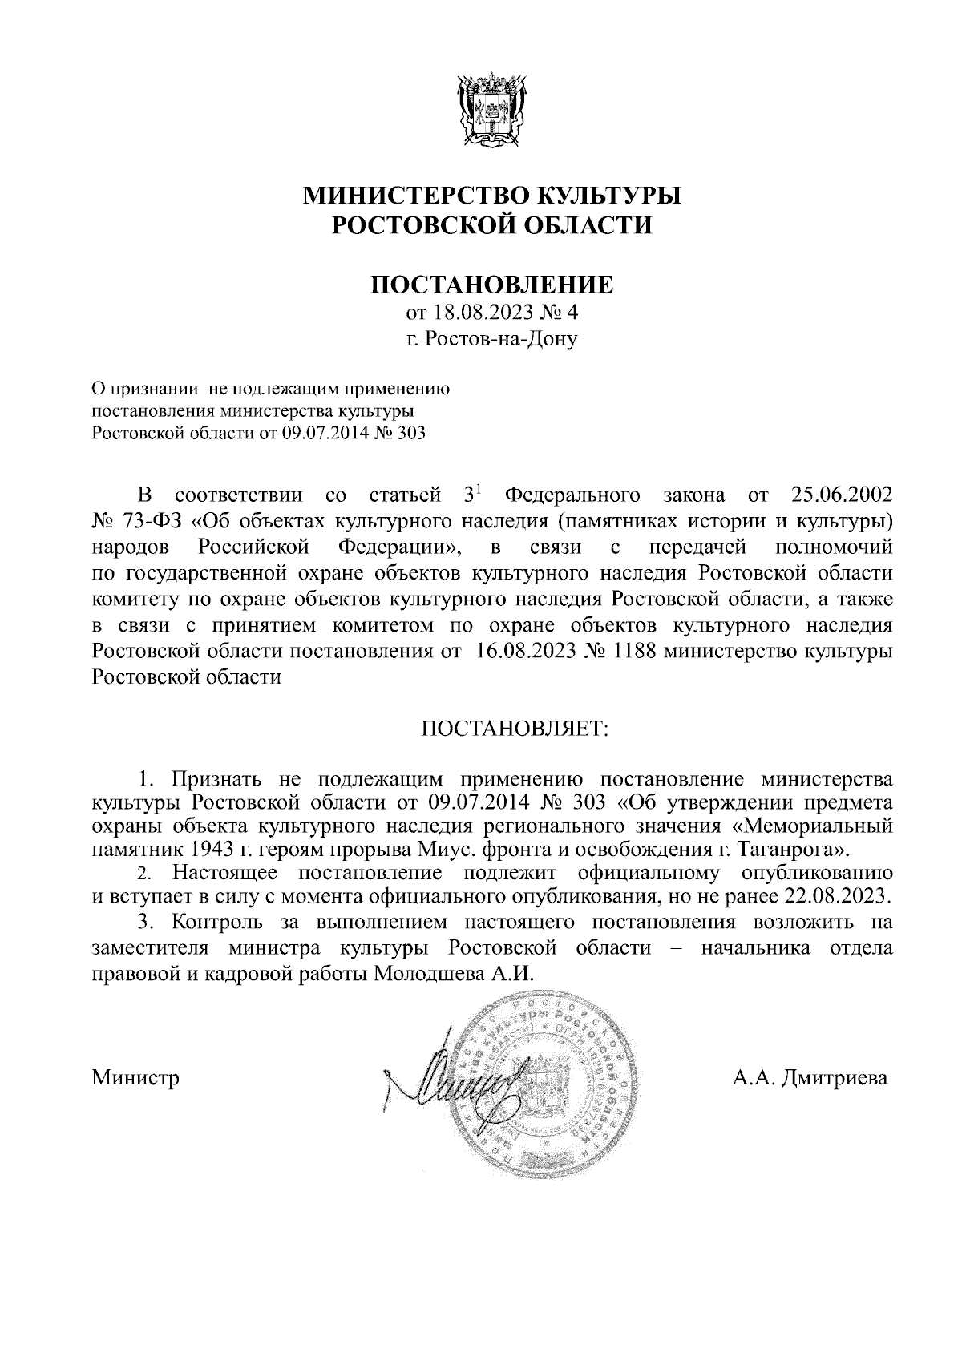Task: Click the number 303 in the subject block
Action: point(410,434)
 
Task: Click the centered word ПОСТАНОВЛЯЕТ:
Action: point(515,729)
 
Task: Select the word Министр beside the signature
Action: point(135,1077)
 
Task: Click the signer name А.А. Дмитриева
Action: point(810,1077)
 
